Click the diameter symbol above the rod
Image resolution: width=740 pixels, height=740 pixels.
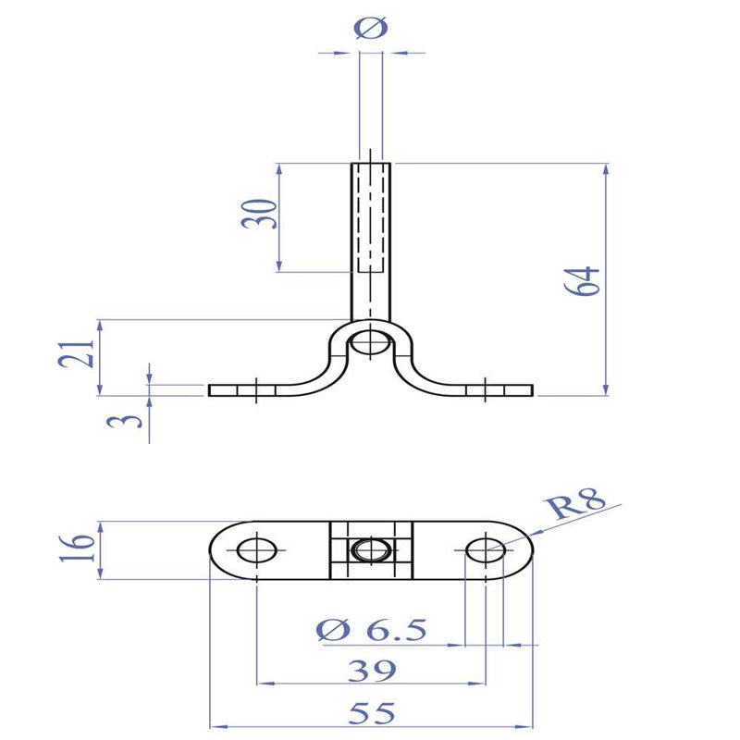click(371, 29)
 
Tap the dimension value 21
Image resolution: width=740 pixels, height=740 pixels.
click(82, 354)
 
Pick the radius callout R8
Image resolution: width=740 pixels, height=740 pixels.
click(575, 506)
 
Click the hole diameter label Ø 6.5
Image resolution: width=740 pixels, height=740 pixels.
click(371, 631)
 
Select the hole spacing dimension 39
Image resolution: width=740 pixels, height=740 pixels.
click(372, 670)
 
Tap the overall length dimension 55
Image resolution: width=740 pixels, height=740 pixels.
click(372, 712)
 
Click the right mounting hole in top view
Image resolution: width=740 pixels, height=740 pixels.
click(485, 551)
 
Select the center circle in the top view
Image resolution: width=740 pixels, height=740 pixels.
click(370, 551)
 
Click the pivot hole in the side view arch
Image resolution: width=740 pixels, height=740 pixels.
click(371, 341)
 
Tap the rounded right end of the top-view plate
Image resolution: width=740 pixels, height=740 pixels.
click(524, 551)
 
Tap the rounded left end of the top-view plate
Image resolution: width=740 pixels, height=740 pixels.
click(217, 551)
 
